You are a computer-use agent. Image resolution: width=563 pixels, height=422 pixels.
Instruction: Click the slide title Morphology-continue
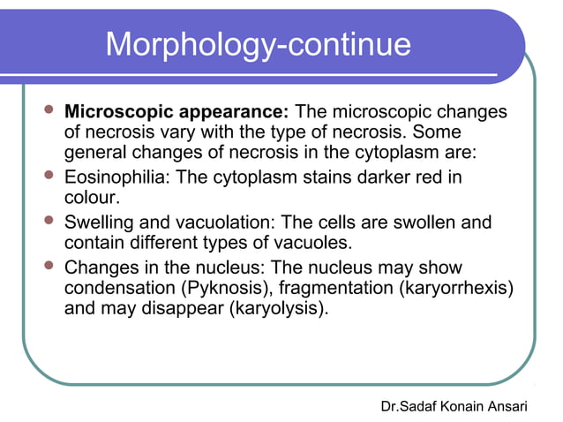click(x=258, y=45)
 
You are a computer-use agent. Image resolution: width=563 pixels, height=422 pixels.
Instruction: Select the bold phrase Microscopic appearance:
click(x=177, y=113)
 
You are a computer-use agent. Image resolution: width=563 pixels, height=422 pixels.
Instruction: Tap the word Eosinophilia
click(x=117, y=177)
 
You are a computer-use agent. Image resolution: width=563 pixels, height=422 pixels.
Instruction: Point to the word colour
click(x=92, y=199)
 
